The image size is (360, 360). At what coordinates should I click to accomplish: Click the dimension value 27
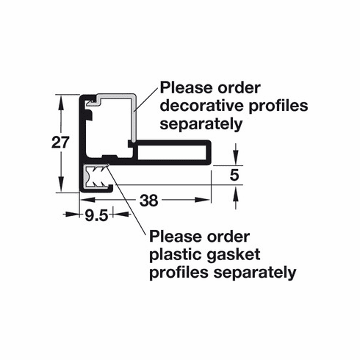pos(60,143)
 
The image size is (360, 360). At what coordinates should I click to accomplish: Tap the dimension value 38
pos(149,201)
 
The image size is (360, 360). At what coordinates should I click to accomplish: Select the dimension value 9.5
pos(96,215)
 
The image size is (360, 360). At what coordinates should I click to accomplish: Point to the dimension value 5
pos(234,175)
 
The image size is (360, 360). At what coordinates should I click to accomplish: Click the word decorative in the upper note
pos(202,106)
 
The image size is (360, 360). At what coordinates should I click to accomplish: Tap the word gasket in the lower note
pos(234,254)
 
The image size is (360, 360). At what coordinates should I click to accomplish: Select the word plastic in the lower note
pos(176,255)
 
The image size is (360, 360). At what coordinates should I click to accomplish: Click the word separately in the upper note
pos(201,124)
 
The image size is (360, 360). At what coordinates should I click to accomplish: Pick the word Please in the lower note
pos(176,237)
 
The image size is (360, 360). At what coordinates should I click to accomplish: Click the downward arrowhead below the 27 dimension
pos(61,185)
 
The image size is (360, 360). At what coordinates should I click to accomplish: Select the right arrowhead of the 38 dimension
pos(203,200)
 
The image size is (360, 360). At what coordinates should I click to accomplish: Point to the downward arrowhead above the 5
pos(236,157)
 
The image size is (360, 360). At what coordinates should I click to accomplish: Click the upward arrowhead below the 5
pos(236,193)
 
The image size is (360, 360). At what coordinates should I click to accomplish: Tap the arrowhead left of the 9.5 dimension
pos(71,215)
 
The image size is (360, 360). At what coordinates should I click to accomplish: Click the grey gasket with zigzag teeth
pos(96,176)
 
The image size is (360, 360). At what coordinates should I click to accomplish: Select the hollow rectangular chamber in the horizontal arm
pos(172,153)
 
